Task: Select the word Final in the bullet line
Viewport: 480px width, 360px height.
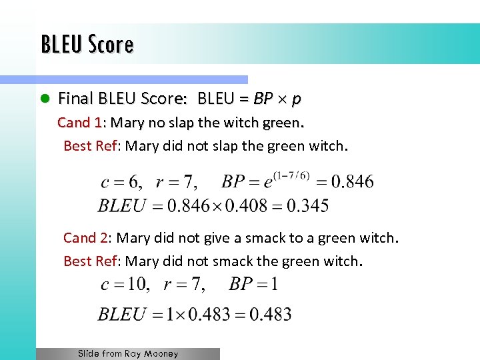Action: pos(75,99)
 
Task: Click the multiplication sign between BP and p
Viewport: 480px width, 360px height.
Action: pos(281,99)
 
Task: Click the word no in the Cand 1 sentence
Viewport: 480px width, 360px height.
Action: pos(156,123)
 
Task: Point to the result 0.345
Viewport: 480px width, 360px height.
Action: pos(306,205)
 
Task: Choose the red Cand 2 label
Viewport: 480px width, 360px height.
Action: pos(86,238)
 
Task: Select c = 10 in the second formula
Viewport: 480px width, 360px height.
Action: pos(125,285)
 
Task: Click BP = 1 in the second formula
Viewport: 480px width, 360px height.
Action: pos(253,285)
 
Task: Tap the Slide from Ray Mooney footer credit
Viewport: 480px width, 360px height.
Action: pos(128,354)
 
